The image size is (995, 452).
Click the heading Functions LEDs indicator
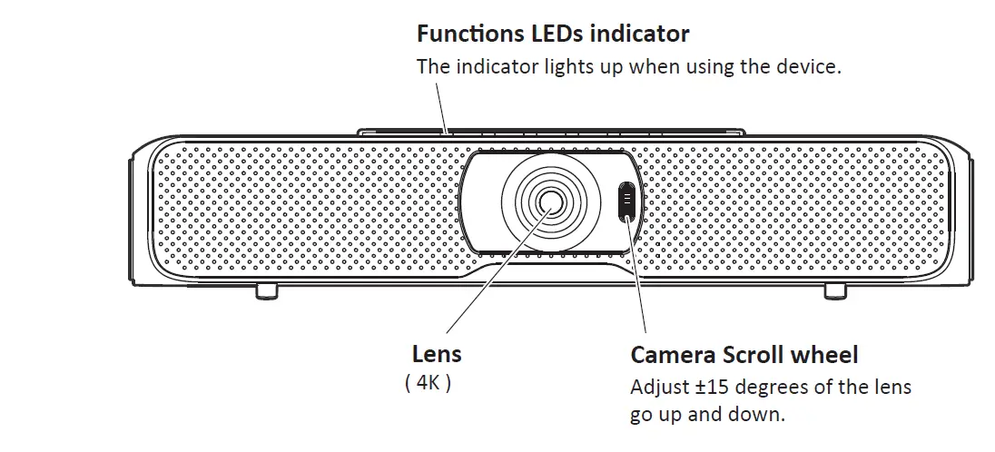click(552, 34)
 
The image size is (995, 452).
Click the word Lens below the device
click(437, 354)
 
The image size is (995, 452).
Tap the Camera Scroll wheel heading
click(744, 354)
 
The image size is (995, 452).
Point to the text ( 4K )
click(428, 383)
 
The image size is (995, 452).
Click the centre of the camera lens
click(548, 201)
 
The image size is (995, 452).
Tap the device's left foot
click(266, 290)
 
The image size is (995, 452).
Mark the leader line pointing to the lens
click(495, 272)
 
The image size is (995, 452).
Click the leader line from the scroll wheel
click(638, 281)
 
